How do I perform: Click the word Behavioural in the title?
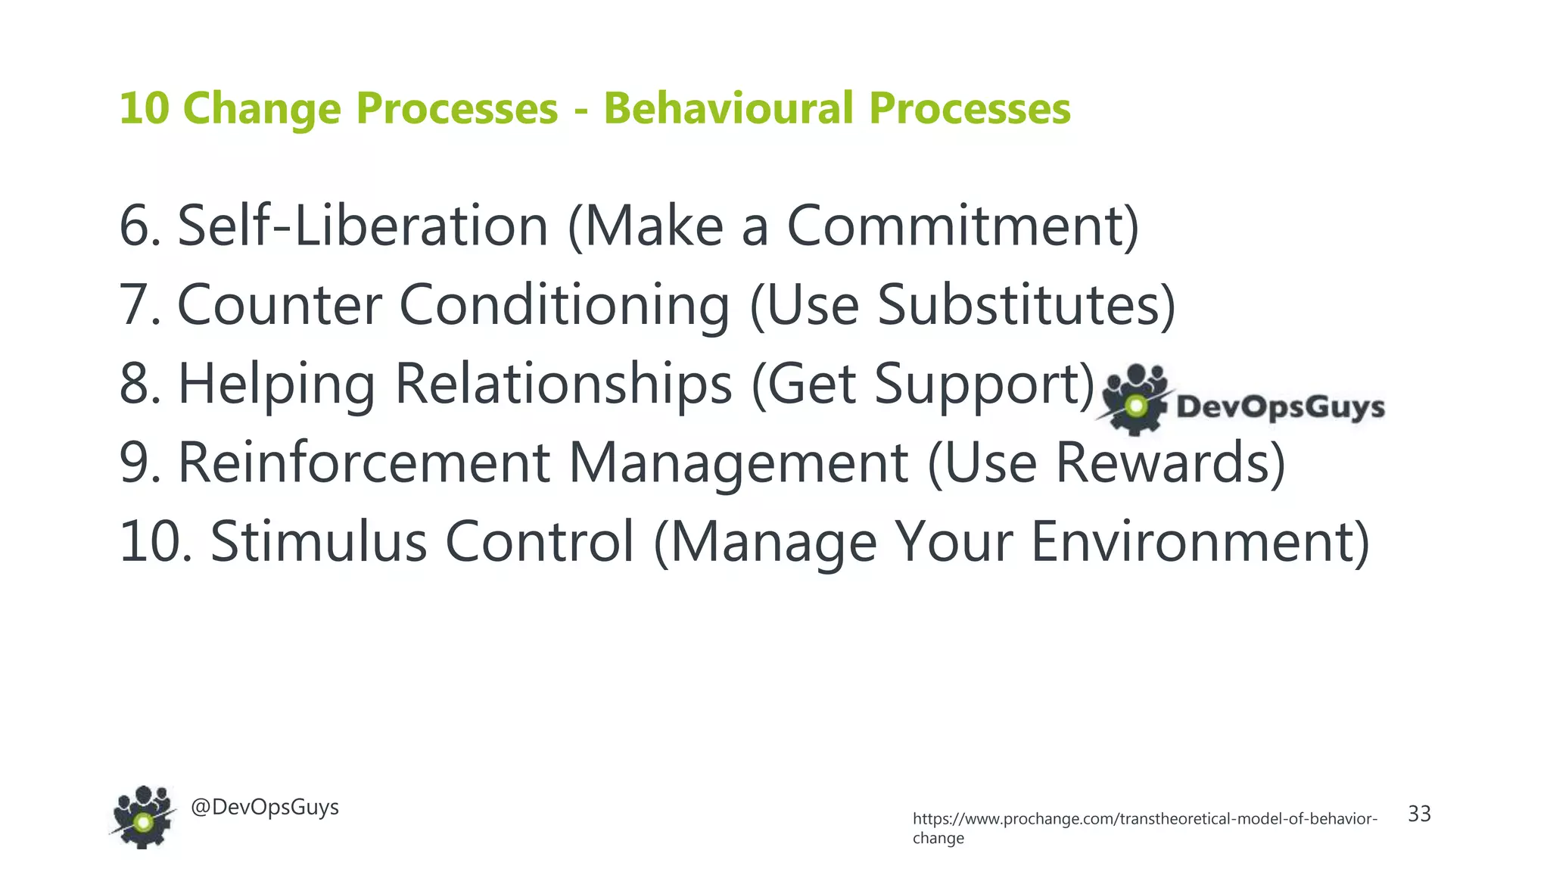tap(728, 107)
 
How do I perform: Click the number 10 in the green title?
tap(144, 107)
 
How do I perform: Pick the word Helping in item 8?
tap(276, 384)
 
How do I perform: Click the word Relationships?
tap(563, 384)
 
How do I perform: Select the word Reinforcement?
tap(364, 462)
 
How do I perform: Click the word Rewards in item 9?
tap(1169, 462)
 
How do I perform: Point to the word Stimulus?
tap(319, 542)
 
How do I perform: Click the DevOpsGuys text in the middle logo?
tap(1280, 407)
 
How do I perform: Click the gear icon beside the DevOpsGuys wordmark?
tap(1134, 401)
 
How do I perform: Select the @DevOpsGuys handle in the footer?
tap(265, 807)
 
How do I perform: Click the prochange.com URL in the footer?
tap(1144, 820)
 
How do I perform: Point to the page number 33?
tap(1419, 814)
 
